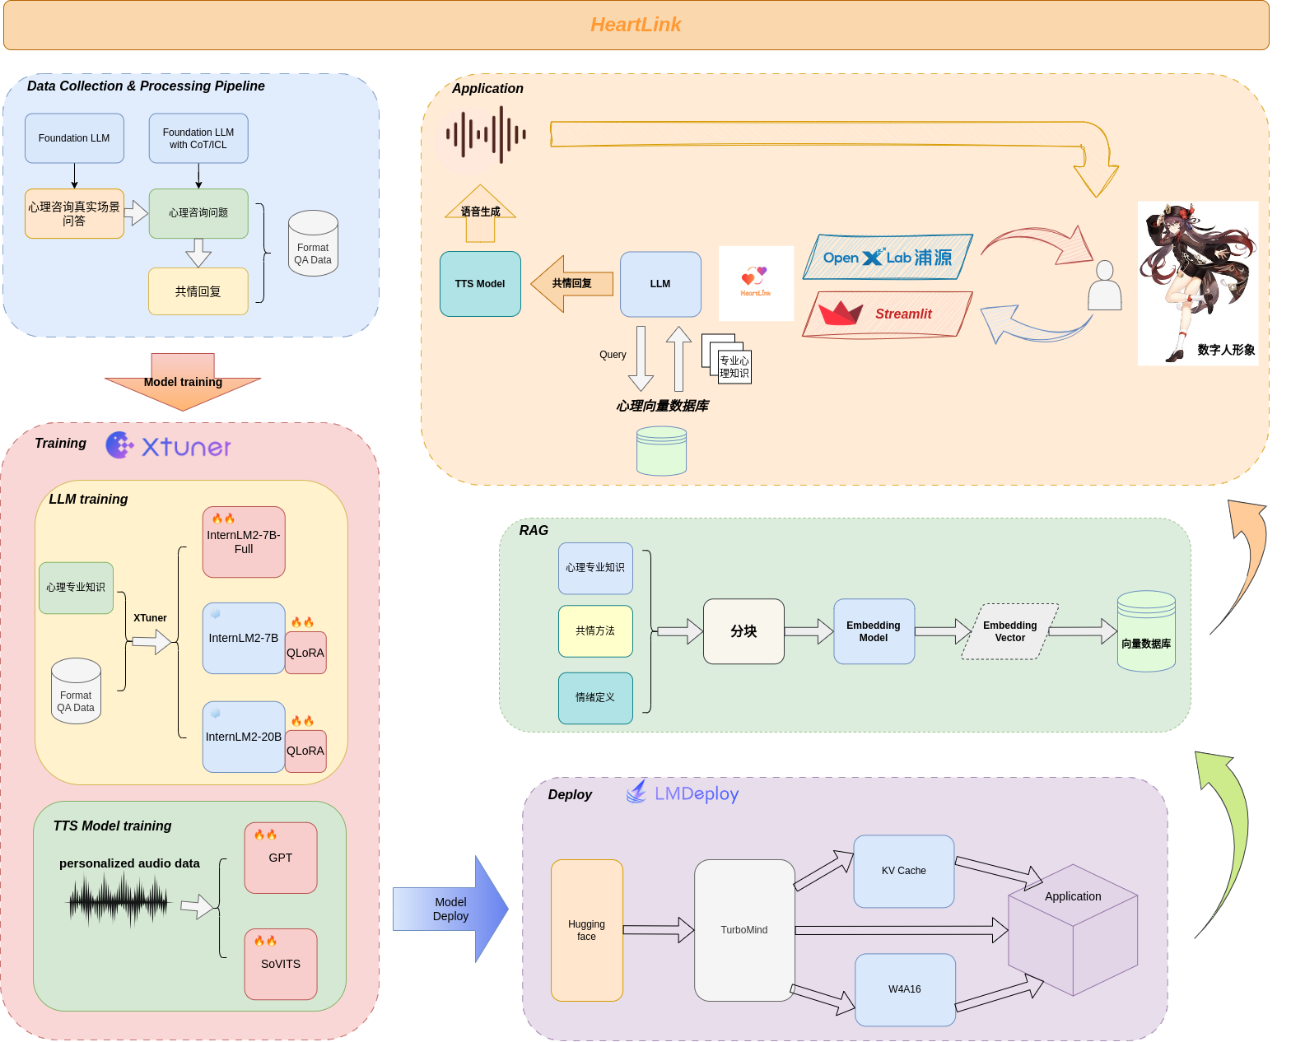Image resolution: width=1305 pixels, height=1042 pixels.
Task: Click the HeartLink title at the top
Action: point(636,25)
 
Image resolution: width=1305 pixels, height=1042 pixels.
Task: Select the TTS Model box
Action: point(480,284)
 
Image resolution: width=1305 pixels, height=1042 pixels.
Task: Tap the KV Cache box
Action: point(903,871)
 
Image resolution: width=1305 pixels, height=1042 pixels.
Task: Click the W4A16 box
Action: point(904,989)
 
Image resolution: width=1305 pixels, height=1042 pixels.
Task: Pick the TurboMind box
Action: point(743,930)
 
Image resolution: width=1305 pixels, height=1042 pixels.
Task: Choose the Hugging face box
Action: point(586,930)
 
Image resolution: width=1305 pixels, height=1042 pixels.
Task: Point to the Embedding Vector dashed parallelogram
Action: point(1009,631)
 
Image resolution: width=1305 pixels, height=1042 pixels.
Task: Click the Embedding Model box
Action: point(874,631)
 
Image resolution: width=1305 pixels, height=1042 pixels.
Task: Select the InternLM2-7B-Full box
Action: point(244,542)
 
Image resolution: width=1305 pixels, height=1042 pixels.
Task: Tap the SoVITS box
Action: point(281,964)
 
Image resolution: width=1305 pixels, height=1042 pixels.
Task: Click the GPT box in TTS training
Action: point(281,858)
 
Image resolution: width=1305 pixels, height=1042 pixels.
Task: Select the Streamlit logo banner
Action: point(888,314)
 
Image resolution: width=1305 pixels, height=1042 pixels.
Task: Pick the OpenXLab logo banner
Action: point(888,258)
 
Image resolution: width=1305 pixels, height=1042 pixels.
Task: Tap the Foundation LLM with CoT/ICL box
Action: point(198,138)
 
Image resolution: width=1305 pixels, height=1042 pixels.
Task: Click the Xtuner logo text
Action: point(185,447)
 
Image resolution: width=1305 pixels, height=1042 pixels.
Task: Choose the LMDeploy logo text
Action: point(696,794)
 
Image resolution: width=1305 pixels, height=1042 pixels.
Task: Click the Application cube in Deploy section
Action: point(1073,930)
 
